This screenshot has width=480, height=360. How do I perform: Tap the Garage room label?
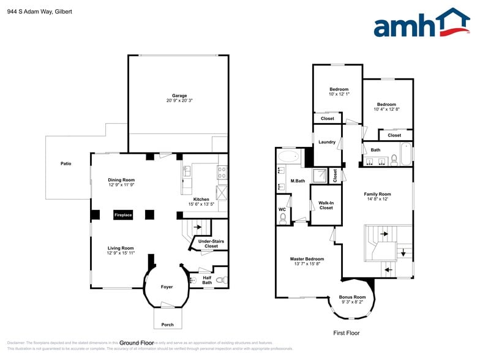tap(179, 96)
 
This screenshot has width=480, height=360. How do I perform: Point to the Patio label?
tap(66, 163)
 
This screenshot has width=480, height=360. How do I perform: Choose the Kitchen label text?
tap(201, 199)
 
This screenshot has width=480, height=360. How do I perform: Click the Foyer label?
tap(167, 287)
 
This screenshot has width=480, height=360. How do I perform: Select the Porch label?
tap(167, 324)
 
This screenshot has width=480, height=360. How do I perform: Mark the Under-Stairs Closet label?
tap(211, 244)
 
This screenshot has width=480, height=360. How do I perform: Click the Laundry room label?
tap(327, 142)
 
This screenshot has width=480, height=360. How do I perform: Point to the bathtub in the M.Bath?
tap(289, 157)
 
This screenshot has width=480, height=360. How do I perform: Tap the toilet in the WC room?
tap(283, 217)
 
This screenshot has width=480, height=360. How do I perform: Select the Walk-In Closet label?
tap(326, 205)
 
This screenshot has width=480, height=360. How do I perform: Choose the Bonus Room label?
tap(352, 298)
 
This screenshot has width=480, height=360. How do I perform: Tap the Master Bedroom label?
tap(307, 259)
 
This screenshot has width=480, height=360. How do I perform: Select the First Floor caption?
tap(346, 333)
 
